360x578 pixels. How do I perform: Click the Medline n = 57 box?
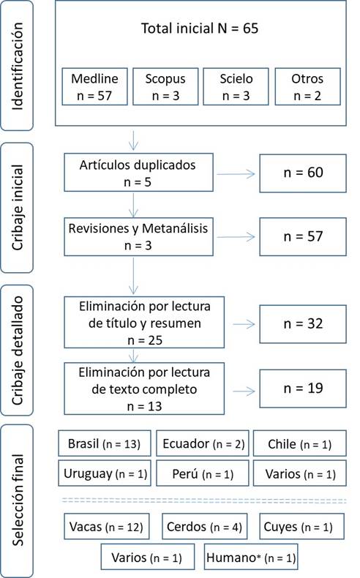tap(94, 86)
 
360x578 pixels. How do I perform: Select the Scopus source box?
tap(165, 86)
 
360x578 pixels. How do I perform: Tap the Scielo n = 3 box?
tap(236, 86)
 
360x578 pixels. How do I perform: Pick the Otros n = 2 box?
tap(307, 86)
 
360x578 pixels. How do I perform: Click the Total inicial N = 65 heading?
tap(200, 29)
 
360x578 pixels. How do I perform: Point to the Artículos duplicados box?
tap(138, 173)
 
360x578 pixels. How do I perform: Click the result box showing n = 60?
tap(303, 173)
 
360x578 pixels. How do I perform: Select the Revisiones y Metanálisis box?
tap(138, 236)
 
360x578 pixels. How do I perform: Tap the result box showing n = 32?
tap(303, 324)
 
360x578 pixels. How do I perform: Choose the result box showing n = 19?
tap(303, 389)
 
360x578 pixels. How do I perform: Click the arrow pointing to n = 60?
tap(236, 173)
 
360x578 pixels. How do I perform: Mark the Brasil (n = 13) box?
tap(105, 443)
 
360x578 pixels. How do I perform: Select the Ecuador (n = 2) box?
tap(203, 443)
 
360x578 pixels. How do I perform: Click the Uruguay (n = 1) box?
tap(105, 473)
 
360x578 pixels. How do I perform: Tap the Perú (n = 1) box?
tap(203, 473)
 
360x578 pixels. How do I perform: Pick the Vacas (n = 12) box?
tap(107, 526)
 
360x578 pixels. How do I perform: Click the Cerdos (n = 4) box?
tap(204, 526)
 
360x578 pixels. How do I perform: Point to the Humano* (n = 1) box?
tap(251, 557)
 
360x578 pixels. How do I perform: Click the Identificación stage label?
tap(17, 66)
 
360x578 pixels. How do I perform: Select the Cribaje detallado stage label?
tap(17, 350)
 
